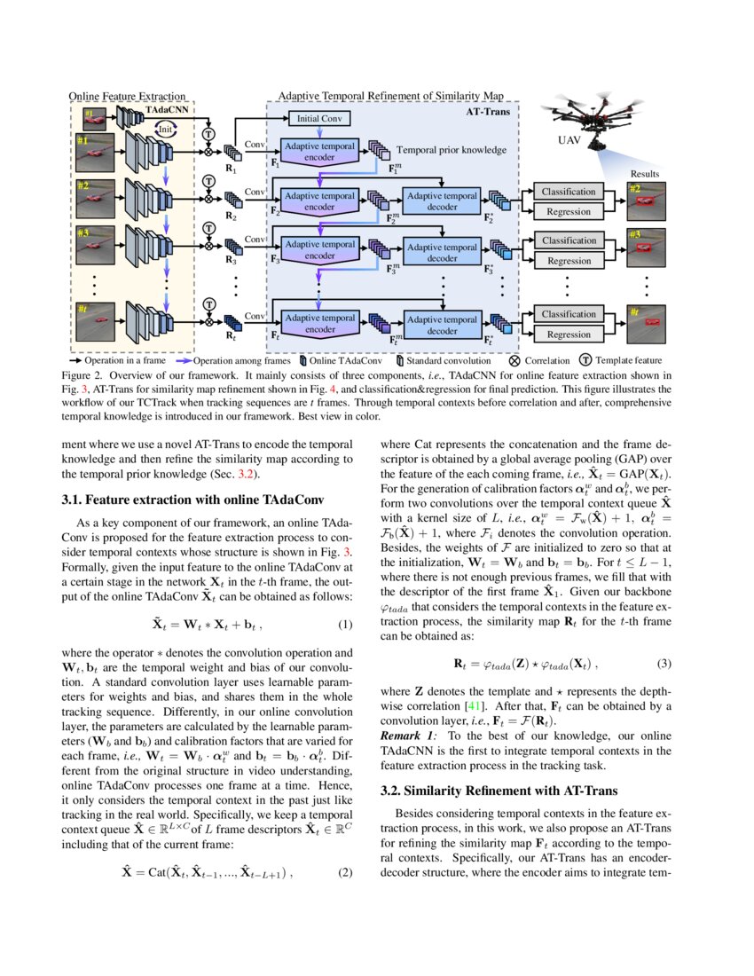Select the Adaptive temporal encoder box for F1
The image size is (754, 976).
[319, 152]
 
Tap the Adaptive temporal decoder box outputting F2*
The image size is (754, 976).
[442, 201]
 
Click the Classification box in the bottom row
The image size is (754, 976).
[569, 314]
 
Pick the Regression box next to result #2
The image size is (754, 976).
[569, 212]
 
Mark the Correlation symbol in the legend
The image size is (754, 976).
[515, 361]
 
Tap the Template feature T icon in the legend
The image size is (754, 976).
[586, 361]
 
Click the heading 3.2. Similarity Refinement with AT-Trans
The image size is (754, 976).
[499, 790]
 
